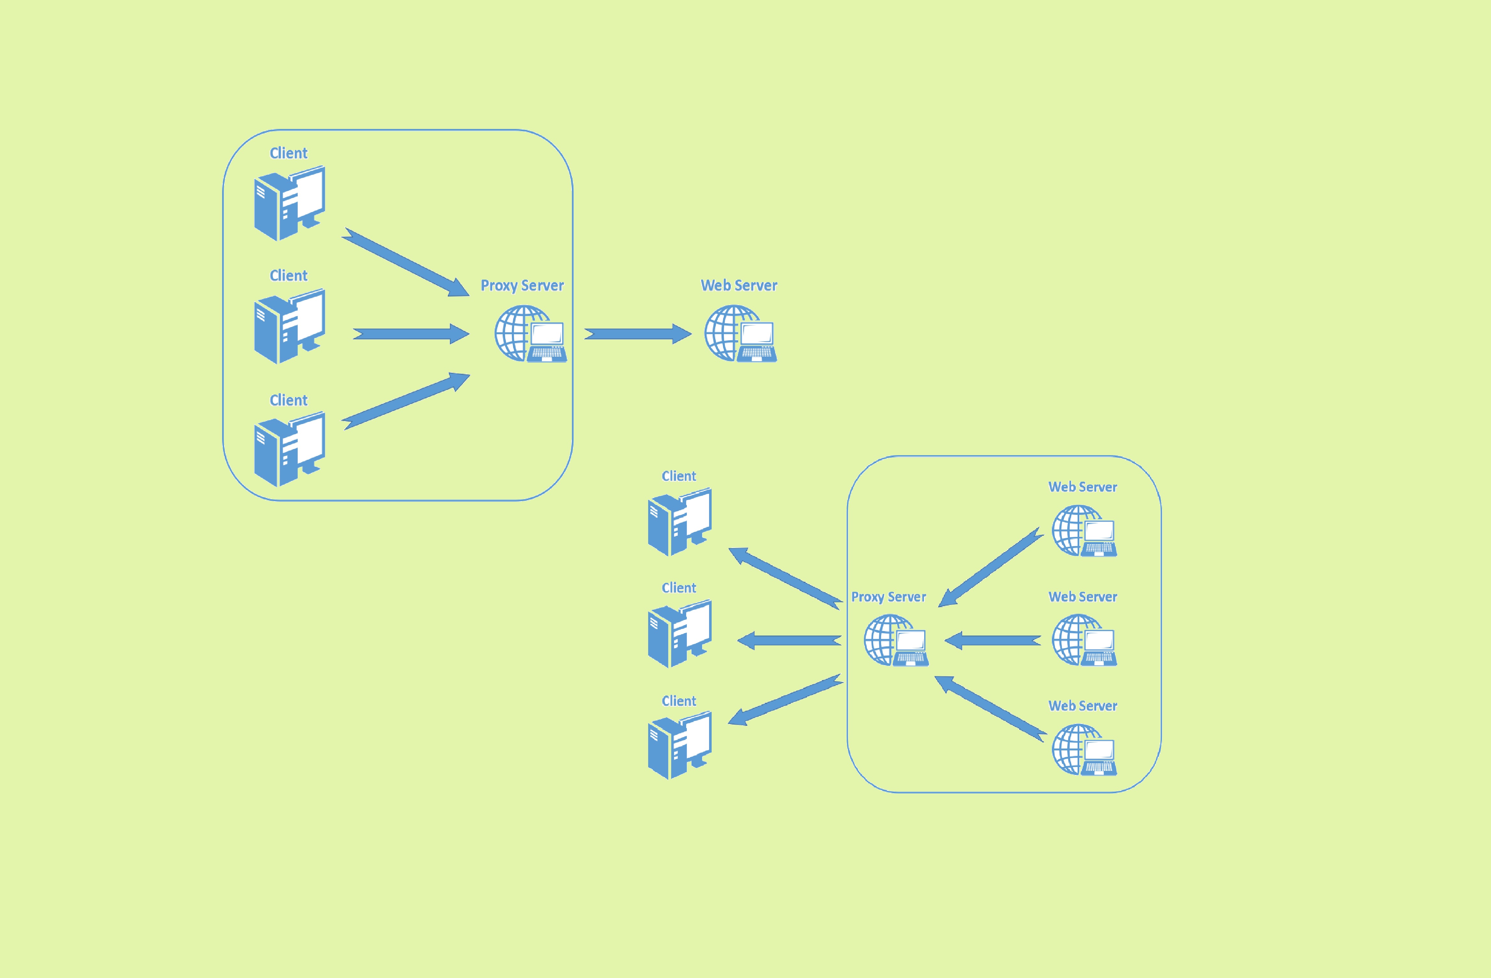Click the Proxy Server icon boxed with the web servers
[896, 640]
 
